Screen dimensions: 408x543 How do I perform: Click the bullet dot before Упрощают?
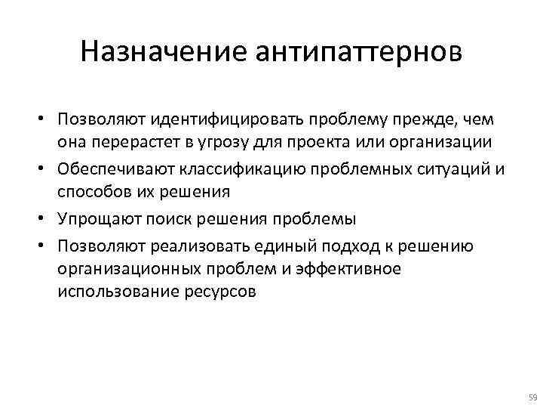46,220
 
